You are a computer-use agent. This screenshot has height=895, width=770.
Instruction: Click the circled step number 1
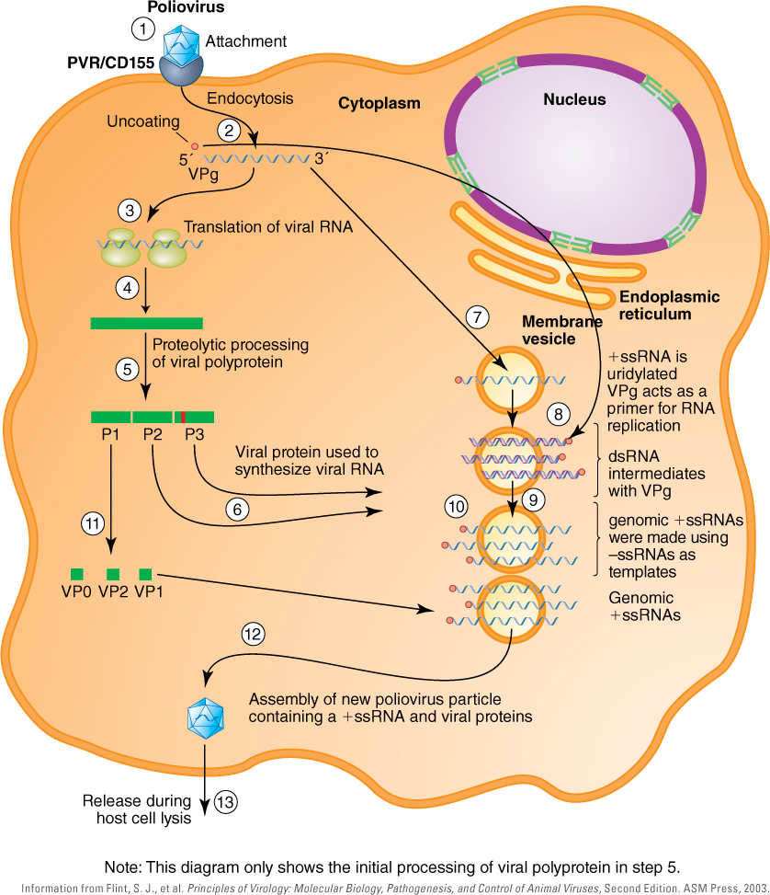click(142, 29)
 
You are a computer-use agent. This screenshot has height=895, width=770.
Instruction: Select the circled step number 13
click(226, 802)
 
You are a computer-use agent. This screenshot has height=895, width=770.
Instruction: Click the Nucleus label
click(574, 98)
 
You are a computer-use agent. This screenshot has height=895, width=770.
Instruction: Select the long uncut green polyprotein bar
click(146, 322)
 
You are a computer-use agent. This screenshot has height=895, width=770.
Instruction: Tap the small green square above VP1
click(145, 575)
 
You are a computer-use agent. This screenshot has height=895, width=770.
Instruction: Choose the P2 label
click(153, 434)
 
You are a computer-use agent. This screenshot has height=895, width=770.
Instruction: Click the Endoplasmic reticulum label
click(670, 304)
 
